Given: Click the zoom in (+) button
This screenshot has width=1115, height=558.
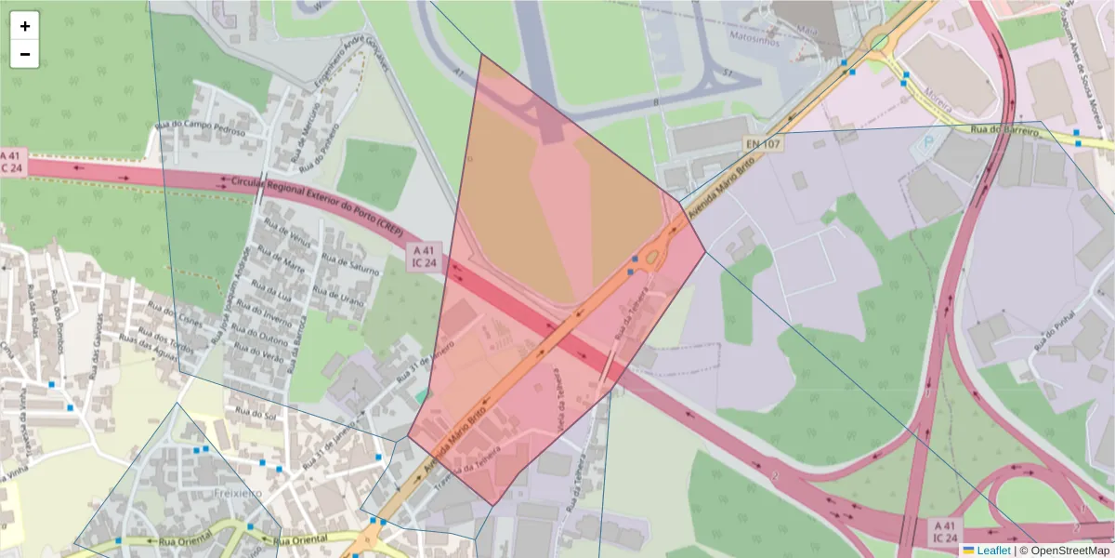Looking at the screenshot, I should (x=25, y=26).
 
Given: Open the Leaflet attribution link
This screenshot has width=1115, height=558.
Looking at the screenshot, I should (x=993, y=551).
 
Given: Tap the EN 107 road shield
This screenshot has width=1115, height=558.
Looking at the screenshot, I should (x=762, y=144).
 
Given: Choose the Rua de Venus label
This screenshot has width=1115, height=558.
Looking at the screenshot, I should (x=287, y=243).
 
